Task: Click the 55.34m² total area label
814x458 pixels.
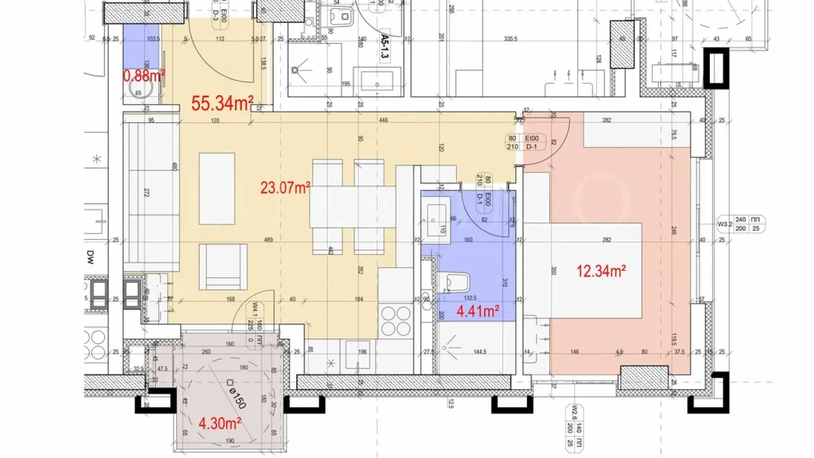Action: click(222, 103)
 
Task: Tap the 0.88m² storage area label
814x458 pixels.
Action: click(144, 75)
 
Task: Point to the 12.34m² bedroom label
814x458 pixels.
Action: click(601, 272)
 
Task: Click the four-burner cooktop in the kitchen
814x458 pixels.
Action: click(396, 321)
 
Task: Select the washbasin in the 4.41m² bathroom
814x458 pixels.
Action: click(435, 215)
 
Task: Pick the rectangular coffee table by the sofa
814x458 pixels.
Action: click(217, 189)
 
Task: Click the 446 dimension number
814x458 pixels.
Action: click(384, 120)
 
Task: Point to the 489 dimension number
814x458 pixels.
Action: click(269, 240)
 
